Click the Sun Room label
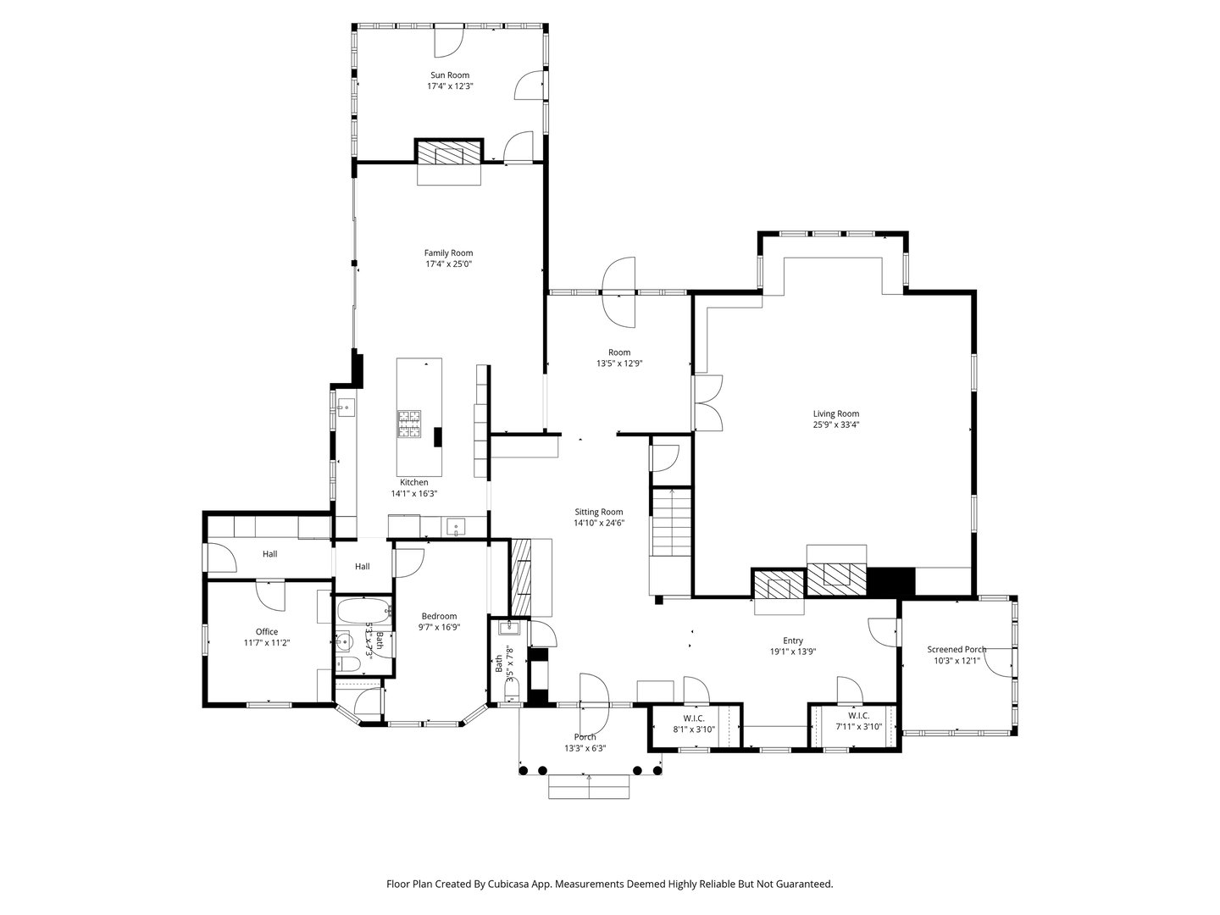[449, 75]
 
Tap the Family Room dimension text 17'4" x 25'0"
[448, 263]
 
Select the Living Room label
[835, 414]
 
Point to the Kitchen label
[414, 482]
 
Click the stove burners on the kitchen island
[409, 424]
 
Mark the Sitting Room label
[599, 512]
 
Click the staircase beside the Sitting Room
[671, 525]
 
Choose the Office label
[267, 632]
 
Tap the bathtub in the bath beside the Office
[363, 609]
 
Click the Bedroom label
[440, 616]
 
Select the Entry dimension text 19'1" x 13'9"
[792, 652]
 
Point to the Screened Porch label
[957, 650]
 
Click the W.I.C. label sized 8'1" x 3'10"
[694, 717]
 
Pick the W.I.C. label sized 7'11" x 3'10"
[858, 716]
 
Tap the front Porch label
[585, 737]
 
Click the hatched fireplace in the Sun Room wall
[449, 153]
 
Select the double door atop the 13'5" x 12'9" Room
[618, 292]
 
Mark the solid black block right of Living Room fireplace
[891, 581]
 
